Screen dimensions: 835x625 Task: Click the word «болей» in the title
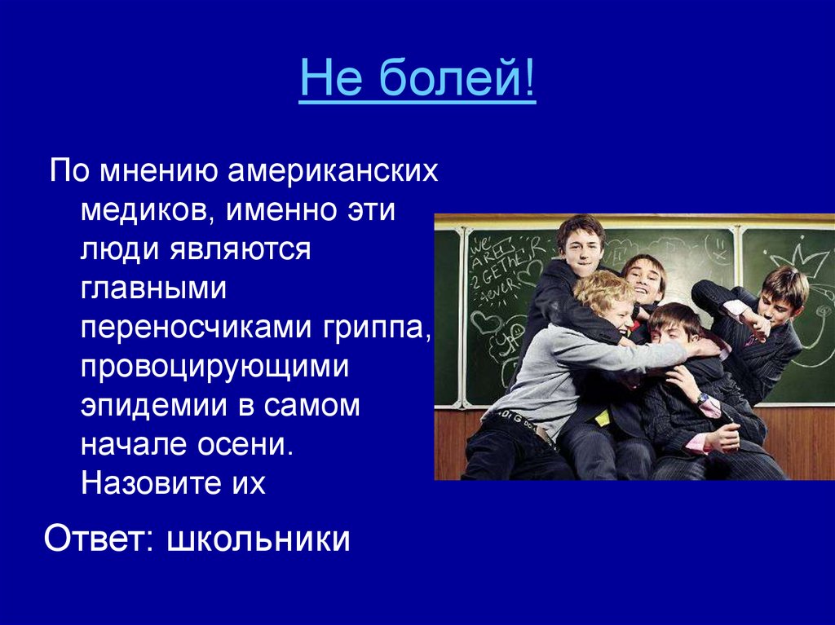coord(450,78)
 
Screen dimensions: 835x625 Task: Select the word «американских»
coord(333,171)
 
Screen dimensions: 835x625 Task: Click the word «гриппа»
coord(376,328)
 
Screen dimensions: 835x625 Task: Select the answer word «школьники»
coord(258,538)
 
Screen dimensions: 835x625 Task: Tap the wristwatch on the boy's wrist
coord(704,398)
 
